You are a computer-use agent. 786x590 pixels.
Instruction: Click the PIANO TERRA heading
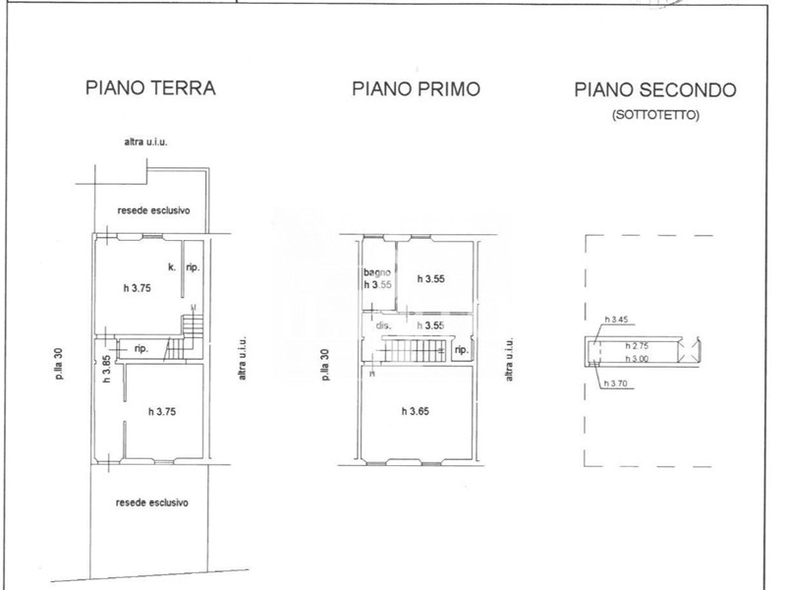[x=150, y=88]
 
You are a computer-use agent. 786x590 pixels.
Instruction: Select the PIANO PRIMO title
[x=416, y=88]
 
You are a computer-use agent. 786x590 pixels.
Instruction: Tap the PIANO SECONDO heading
[x=655, y=89]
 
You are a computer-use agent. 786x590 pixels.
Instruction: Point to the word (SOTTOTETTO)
[x=655, y=115]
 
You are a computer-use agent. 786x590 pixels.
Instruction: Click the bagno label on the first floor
[x=377, y=272]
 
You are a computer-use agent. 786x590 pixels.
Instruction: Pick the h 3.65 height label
[x=416, y=411]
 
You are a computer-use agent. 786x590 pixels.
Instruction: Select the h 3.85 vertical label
[x=106, y=370]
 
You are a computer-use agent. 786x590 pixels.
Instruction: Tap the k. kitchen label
[x=172, y=266]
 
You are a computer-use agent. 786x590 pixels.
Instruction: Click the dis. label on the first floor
[x=383, y=325]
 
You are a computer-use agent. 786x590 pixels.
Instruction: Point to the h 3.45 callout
[x=616, y=319]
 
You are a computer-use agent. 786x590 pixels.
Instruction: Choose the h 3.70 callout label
[x=616, y=383]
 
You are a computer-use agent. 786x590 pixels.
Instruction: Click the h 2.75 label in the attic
[x=637, y=346]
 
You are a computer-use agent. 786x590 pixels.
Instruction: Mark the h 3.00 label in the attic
[x=637, y=358]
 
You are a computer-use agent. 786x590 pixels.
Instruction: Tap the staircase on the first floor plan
[x=414, y=349]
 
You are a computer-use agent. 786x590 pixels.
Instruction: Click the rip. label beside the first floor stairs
[x=462, y=350]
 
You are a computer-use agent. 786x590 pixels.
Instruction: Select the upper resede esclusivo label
[x=154, y=210]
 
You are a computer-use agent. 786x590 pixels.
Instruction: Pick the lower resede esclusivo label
[x=152, y=502]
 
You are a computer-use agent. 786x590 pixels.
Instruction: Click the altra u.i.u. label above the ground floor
[x=145, y=142]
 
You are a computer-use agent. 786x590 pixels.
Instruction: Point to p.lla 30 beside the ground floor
[x=60, y=364]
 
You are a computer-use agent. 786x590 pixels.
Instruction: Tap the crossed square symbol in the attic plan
[x=690, y=349]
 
